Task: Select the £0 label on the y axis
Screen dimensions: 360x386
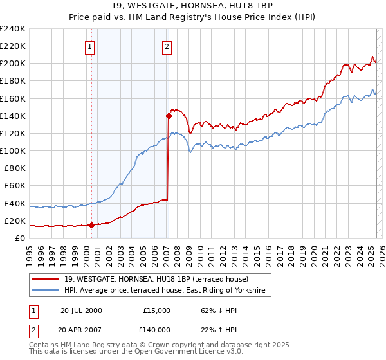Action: point(21,238)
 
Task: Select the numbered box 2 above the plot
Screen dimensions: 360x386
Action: point(167,46)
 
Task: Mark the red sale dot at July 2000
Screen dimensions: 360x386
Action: point(91,225)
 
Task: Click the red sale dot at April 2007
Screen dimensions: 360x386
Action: point(169,116)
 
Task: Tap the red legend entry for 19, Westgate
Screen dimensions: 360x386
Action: point(161,279)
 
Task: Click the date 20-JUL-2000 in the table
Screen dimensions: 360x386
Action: point(81,310)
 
